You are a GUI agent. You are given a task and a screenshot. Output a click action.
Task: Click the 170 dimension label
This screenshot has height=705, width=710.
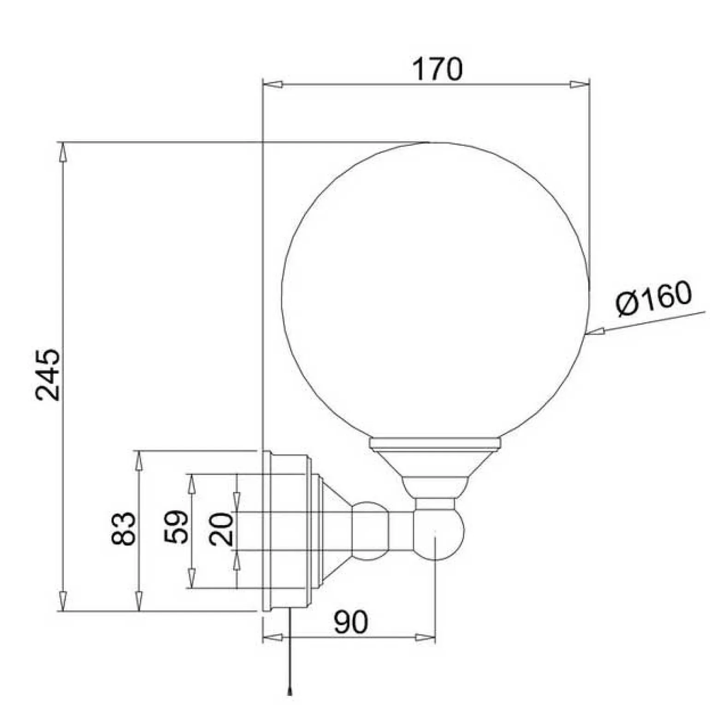pos(436,69)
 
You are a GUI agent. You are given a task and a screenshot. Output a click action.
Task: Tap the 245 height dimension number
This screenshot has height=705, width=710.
pos(48,375)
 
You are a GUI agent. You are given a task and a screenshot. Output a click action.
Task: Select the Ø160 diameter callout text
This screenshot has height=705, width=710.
pos(654,299)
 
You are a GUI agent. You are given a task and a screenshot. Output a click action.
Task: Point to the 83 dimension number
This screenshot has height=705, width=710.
pos(124,529)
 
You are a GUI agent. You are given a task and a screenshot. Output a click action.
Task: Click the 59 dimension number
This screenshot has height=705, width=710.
pos(176,526)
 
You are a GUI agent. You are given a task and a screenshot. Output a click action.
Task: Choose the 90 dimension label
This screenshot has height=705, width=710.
pos(351,622)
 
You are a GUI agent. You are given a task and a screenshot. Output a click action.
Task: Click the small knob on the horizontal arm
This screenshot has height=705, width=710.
pos(370,531)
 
